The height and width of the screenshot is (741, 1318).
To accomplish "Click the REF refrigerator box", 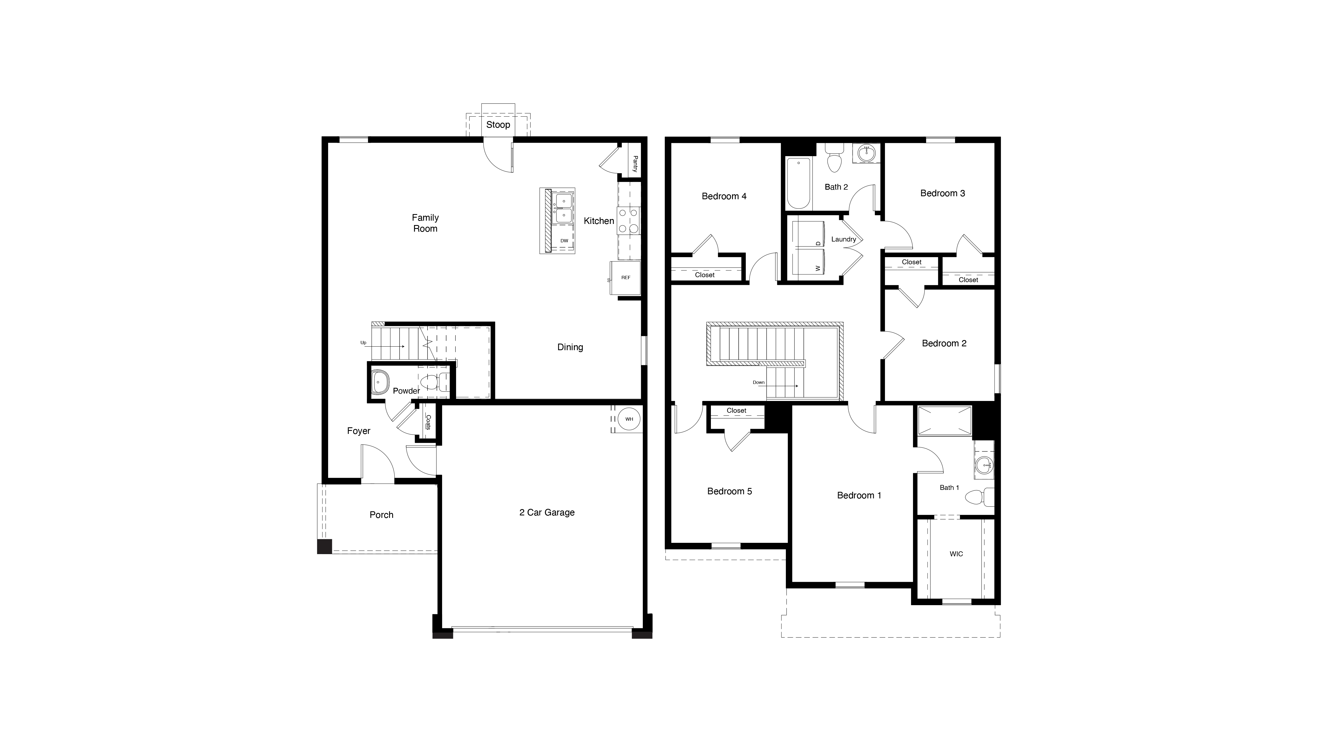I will pyautogui.click(x=625, y=278).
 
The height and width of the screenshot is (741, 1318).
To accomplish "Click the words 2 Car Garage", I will pyautogui.click(x=546, y=512).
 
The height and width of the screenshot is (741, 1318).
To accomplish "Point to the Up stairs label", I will pyautogui.click(x=363, y=343).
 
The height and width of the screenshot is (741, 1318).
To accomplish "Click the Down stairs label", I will pyautogui.click(x=758, y=383).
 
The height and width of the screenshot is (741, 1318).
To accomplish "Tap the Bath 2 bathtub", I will pyautogui.click(x=798, y=183).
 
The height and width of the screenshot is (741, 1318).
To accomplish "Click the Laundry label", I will pyautogui.click(x=843, y=239).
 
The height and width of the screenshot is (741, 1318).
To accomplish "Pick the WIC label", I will pyautogui.click(x=956, y=554).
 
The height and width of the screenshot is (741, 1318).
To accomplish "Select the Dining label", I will pyautogui.click(x=570, y=347).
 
